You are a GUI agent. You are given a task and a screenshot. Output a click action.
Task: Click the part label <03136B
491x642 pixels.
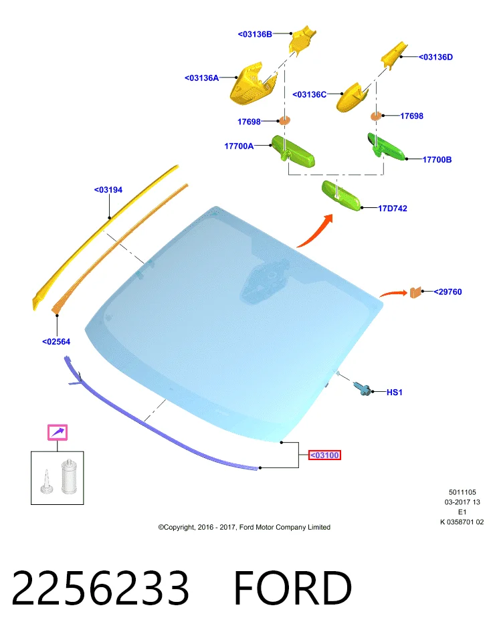(x=255, y=34)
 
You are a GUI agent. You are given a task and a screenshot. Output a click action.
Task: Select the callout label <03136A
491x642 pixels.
(x=201, y=78)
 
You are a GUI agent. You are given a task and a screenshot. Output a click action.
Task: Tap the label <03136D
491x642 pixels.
(x=435, y=57)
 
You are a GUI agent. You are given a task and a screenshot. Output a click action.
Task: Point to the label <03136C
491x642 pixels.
(x=309, y=94)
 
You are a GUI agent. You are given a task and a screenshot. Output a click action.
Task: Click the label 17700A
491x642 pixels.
(x=239, y=146)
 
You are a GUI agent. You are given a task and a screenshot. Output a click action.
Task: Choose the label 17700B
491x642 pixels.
(x=437, y=160)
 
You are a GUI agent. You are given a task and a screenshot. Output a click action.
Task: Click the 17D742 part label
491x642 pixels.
(x=392, y=209)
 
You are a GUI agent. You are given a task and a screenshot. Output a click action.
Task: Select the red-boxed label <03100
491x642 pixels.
(x=324, y=455)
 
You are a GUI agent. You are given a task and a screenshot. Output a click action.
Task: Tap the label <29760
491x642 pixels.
(x=448, y=292)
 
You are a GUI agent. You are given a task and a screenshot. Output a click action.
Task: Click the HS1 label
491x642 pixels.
(x=395, y=393)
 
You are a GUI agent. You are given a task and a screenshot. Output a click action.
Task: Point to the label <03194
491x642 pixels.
(x=108, y=190)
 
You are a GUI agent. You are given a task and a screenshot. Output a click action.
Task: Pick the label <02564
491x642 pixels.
(x=56, y=342)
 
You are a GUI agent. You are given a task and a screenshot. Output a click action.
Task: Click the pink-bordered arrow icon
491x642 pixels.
(x=58, y=433)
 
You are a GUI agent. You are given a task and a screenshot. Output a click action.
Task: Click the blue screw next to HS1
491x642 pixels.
(x=363, y=388)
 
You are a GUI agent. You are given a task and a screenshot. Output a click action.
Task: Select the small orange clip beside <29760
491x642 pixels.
(x=415, y=292)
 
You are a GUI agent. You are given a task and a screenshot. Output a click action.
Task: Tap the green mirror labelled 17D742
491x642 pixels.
(x=341, y=195)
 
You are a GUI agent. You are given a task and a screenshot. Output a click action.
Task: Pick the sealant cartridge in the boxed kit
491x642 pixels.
(x=69, y=476)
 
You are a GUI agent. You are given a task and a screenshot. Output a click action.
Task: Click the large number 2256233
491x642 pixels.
(x=100, y=588)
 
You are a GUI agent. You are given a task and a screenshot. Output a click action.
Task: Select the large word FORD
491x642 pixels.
(x=293, y=588)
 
